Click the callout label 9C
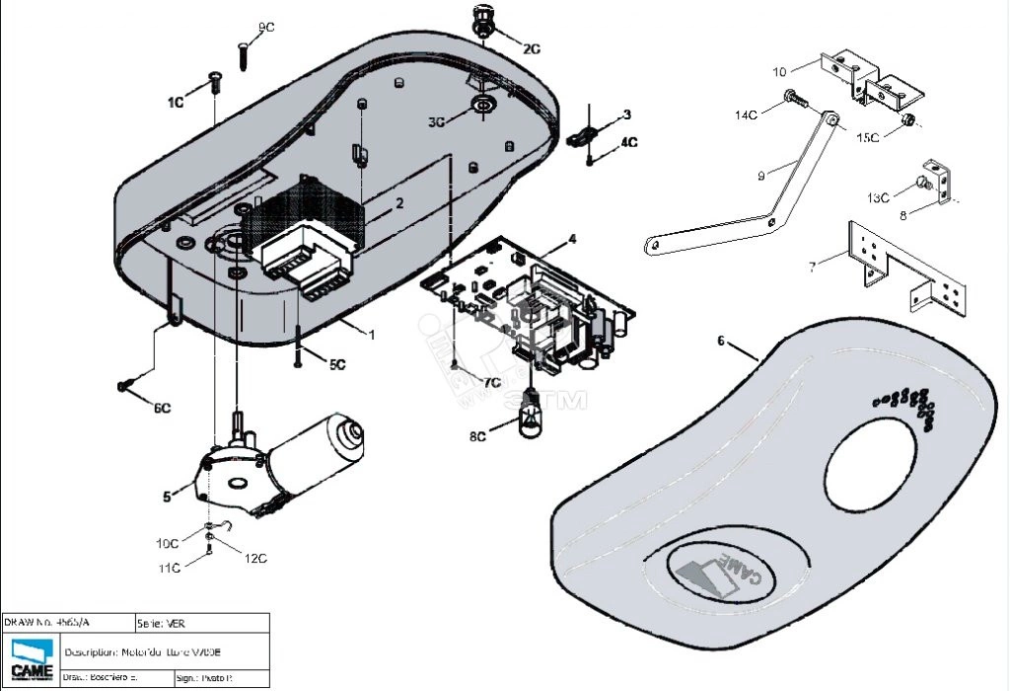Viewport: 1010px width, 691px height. pos(267,26)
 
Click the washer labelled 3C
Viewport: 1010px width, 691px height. pos(483,105)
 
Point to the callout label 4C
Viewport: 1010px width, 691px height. pos(628,143)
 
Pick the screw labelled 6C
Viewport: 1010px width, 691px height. pos(125,384)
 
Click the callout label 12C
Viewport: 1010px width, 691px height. pos(255,558)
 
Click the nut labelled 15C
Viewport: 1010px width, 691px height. pos(909,121)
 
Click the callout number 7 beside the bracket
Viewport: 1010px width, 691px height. pos(812,267)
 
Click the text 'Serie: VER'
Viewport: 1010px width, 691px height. pos(163,623)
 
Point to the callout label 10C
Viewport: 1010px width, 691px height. pos(168,543)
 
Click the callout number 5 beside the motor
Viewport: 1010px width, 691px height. pos(167,496)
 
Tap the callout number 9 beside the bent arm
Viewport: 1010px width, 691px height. pos(761,176)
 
